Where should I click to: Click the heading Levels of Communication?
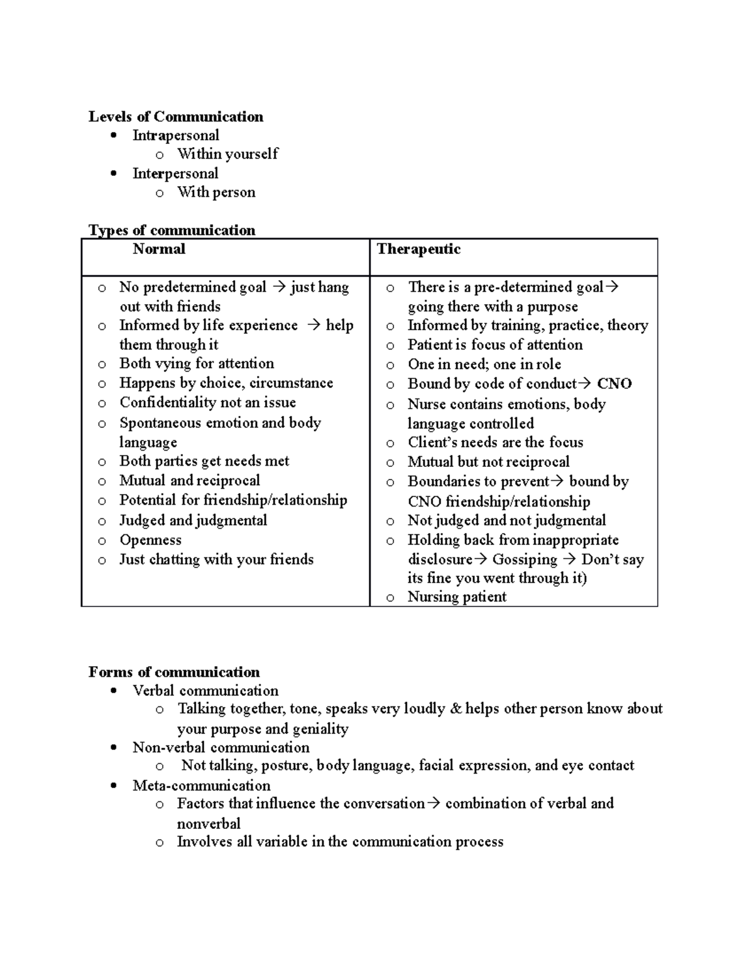coord(175,117)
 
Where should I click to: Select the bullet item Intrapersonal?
coord(175,136)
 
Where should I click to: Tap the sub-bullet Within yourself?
coord(227,154)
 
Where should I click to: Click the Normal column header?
coord(159,249)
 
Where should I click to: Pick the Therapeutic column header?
coord(418,249)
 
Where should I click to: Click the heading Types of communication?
coord(172,231)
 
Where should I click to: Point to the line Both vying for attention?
coord(196,364)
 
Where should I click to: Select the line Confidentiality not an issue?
coord(207,403)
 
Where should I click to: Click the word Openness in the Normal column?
coord(150,540)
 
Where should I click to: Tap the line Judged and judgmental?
coord(193,521)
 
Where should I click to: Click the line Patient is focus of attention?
coord(494,345)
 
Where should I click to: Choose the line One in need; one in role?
coord(484,365)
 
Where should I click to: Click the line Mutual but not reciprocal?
coord(488,463)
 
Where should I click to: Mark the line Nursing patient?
coord(456,597)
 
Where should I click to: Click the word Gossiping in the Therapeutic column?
coord(524,560)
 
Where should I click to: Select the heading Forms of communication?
coord(173,672)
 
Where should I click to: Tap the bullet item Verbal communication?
coord(205,691)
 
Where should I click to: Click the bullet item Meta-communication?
coord(201,786)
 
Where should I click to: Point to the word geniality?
coord(320,729)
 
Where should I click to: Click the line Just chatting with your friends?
coord(216,560)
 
